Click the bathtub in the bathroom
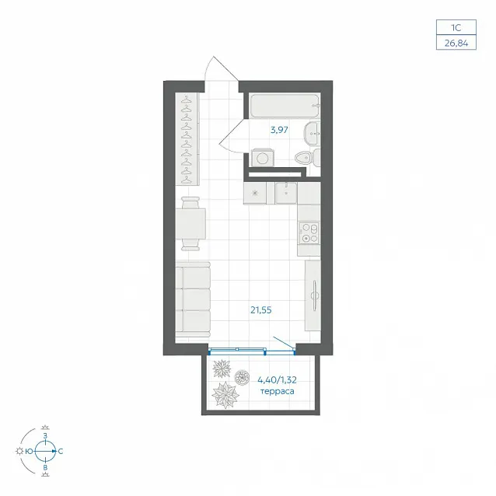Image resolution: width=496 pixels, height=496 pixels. tap(285, 106)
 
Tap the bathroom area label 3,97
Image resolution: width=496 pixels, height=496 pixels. tap(279, 130)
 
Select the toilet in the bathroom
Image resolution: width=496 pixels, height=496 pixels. tap(307, 157)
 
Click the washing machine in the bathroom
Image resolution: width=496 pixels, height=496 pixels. tap(262, 158)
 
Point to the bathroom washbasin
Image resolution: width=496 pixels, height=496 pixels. tap(313, 134)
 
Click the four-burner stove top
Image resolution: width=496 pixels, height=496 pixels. tap(309, 232)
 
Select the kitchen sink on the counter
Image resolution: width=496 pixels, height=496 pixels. tap(286, 193)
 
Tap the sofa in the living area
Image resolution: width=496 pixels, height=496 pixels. tap(193, 299)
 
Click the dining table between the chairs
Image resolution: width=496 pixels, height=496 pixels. tap(190, 224)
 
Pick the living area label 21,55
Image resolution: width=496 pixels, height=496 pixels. tap(261, 310)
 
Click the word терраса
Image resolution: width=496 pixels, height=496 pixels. tap(277, 391)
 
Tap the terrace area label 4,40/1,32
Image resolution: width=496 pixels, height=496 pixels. tap(277, 379)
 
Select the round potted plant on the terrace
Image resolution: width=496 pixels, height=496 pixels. tap(242, 377)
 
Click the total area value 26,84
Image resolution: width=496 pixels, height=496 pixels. tap(456, 43)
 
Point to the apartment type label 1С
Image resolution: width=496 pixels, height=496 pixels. tap(456, 28)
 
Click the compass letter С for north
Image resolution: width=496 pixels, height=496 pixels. tap(61, 451)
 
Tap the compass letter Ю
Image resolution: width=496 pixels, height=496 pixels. tap(29, 452)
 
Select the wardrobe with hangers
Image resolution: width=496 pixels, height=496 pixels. tap(187, 139)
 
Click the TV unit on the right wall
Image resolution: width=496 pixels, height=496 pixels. tap(313, 295)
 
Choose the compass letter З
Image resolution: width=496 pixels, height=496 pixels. tap(45, 435)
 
